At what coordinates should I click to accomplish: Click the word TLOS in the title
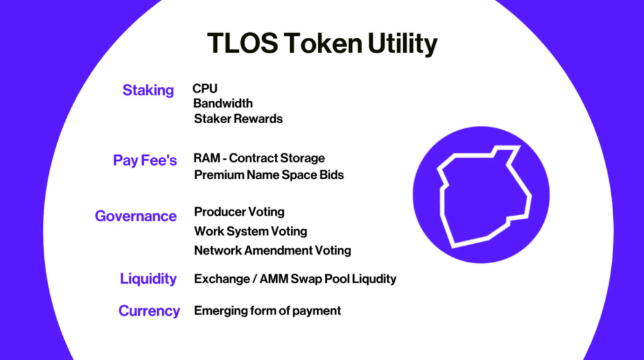243,43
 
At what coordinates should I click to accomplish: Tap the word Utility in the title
403,44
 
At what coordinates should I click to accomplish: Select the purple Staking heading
148,90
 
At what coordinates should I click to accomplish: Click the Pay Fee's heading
145,160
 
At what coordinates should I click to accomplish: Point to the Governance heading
135,216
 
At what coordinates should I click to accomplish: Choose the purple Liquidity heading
148,279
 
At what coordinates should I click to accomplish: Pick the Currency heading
149,311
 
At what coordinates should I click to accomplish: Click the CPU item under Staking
205,89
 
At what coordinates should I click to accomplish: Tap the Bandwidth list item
223,103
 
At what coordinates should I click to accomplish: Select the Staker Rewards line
238,119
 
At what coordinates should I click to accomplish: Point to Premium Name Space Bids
269,175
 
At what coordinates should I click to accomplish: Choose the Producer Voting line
239,212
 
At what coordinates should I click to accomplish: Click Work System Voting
250,232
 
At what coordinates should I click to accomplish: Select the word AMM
274,279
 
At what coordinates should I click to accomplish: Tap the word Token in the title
323,43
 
